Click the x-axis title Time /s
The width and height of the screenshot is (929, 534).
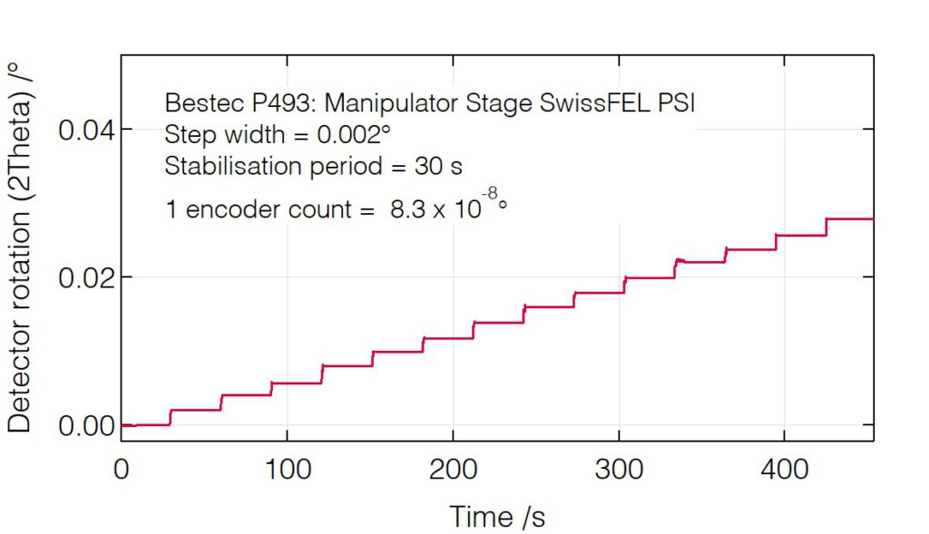497,517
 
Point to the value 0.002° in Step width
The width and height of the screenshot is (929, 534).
355,135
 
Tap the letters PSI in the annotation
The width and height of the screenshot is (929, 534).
675,103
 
